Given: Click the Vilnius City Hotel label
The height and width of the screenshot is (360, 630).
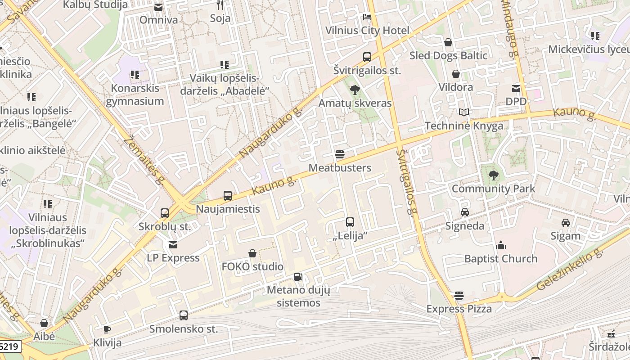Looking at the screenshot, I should [x=367, y=31].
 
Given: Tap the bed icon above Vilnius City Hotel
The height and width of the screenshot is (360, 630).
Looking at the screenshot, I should [x=367, y=18].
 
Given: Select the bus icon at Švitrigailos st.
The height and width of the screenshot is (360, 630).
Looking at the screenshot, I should [x=367, y=57].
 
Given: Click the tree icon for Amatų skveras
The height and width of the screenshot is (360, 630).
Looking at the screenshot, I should [x=355, y=90].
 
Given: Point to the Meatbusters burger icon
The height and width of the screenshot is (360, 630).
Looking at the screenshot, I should [x=340, y=155].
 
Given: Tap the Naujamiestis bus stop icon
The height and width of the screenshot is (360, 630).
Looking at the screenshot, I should [x=228, y=196].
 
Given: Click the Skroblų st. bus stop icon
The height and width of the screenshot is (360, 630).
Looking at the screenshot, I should [x=165, y=213].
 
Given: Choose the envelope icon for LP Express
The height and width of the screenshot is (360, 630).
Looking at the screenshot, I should [x=173, y=245].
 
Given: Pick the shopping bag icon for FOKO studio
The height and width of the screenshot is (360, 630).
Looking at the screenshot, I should [x=252, y=254].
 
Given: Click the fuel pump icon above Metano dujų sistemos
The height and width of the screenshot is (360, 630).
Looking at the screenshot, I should [x=298, y=277].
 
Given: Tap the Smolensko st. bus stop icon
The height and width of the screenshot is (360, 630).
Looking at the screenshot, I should [x=184, y=315].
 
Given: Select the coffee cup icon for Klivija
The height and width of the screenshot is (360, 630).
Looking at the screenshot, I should [x=107, y=329].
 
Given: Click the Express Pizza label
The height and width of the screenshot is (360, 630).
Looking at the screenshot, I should [x=459, y=309].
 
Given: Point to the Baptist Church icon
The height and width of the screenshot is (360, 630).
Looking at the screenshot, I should [x=501, y=245].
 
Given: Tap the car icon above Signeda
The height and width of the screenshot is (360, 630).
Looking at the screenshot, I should [x=465, y=212].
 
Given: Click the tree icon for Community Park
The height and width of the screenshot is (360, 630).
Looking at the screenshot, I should [x=494, y=175].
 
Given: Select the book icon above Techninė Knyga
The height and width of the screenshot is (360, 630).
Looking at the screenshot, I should [x=464, y=112].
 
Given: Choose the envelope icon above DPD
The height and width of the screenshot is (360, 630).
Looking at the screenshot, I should [x=516, y=89].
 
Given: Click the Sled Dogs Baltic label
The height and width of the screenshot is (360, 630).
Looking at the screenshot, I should [x=448, y=55].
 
